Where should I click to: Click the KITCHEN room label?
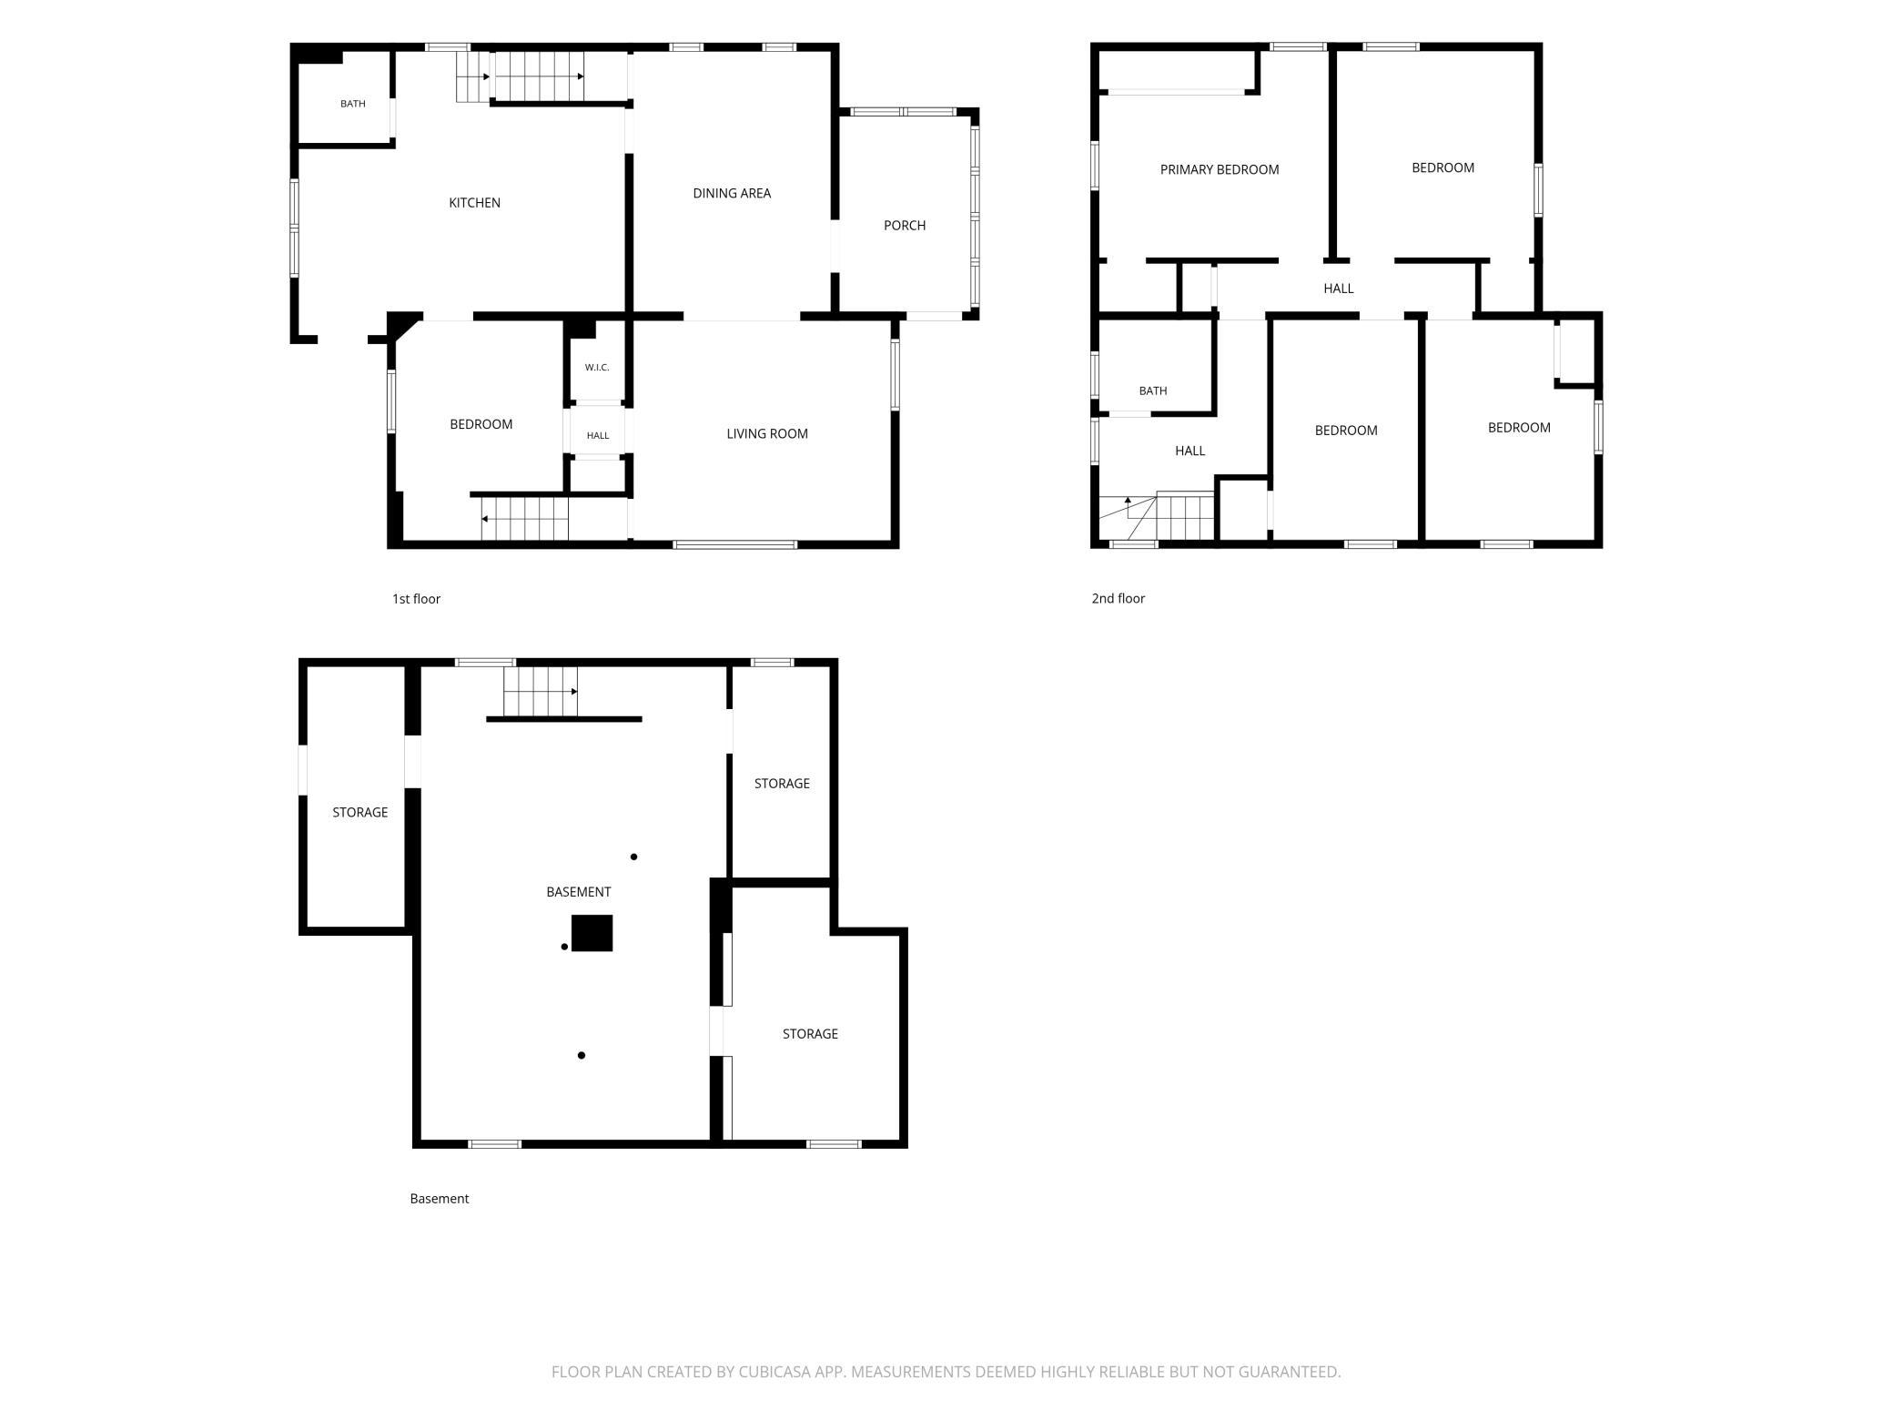(x=474, y=203)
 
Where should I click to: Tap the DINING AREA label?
(x=732, y=193)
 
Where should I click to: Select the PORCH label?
(x=905, y=226)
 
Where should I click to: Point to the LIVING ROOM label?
(x=767, y=434)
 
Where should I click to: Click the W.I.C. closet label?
(x=597, y=368)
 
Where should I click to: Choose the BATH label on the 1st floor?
(x=353, y=104)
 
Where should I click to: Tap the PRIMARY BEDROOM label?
(x=1220, y=169)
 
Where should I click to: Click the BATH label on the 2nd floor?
(x=1153, y=391)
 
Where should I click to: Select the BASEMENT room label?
(x=579, y=892)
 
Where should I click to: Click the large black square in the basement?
(x=592, y=933)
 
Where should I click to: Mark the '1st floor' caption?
(x=416, y=599)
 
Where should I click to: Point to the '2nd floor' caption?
(x=1119, y=598)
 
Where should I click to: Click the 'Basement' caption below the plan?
(x=440, y=1199)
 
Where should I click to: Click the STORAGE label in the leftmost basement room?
(x=360, y=813)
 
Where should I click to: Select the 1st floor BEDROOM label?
(x=481, y=424)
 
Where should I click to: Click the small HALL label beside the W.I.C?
(x=598, y=436)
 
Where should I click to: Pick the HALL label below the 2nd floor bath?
(x=1190, y=451)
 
